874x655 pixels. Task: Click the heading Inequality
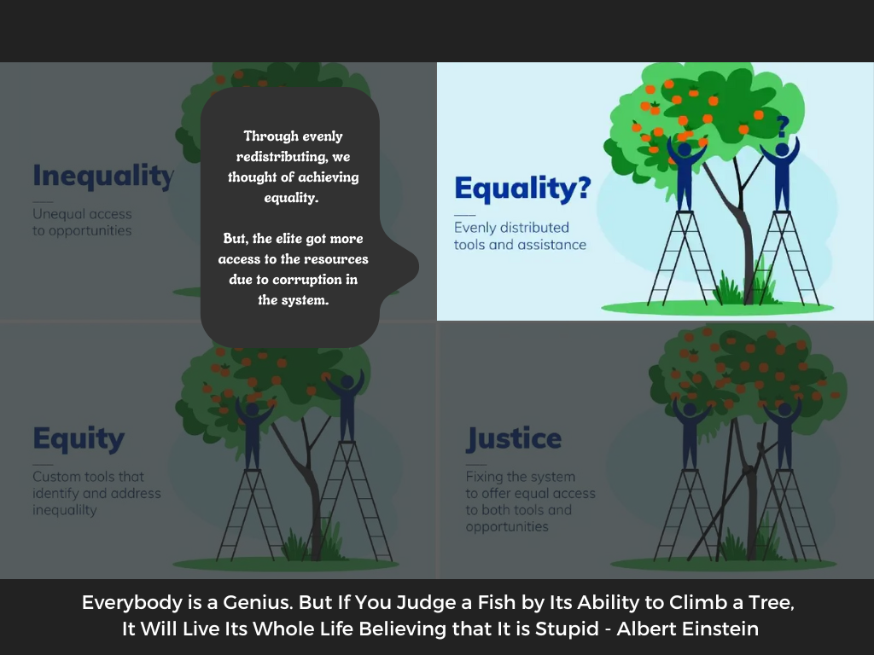point(103,176)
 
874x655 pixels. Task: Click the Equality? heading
point(522,188)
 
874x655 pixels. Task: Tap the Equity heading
point(79,439)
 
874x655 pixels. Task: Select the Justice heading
point(513,438)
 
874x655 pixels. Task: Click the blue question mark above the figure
point(783,127)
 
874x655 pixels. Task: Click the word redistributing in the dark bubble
point(282,157)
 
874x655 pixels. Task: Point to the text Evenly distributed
point(511,227)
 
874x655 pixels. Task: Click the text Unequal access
point(82,214)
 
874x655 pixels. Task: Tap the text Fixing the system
point(520,477)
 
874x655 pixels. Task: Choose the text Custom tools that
point(88,477)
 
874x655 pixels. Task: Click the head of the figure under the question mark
point(782,150)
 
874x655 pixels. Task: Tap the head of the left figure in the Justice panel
point(690,410)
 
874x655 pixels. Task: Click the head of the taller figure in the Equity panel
point(347,382)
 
